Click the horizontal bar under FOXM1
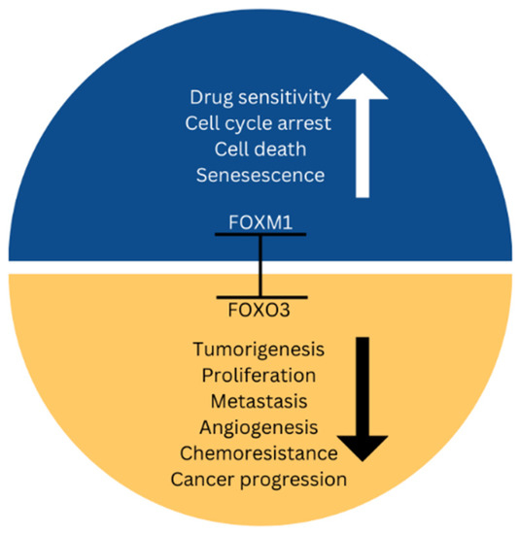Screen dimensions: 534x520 pos(260,233)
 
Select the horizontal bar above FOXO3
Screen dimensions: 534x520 pos(260,297)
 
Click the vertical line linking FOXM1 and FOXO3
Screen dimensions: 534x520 pos(260,265)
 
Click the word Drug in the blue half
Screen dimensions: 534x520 pos(213,97)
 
